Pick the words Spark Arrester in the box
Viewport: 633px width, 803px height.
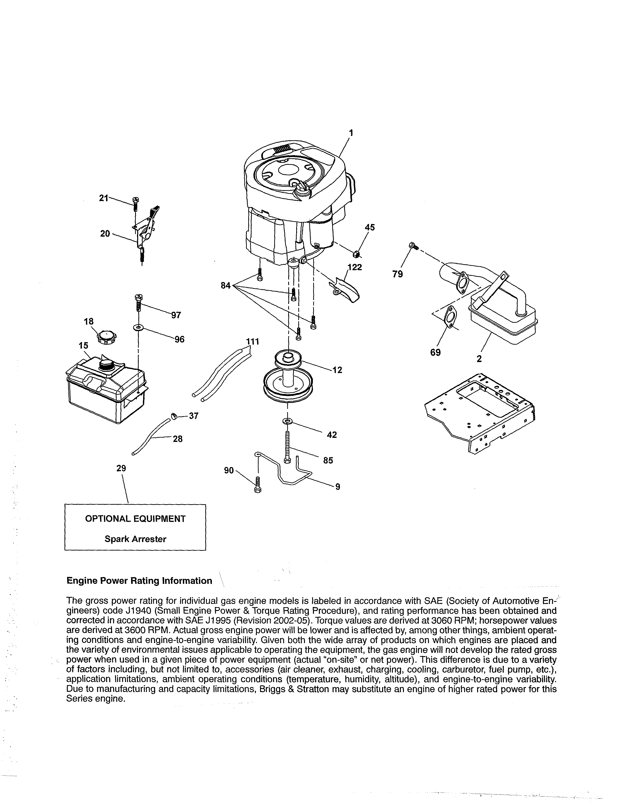click(135, 539)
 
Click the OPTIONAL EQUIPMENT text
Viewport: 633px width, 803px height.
click(135, 519)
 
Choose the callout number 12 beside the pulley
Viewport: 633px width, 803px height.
click(337, 370)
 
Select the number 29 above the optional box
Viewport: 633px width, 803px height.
click(121, 468)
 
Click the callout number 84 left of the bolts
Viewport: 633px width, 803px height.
click(226, 286)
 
